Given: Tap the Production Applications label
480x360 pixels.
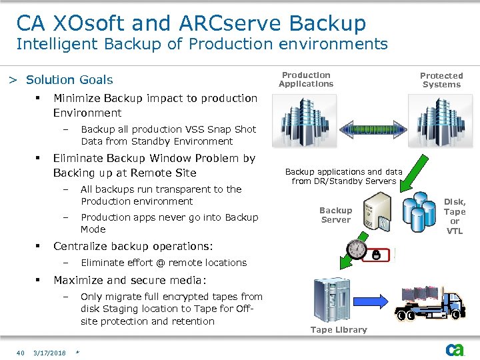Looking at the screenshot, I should click(x=306, y=79).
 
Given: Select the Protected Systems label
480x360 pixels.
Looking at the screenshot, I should click(x=441, y=80).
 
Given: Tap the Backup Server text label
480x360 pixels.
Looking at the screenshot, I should click(x=335, y=215).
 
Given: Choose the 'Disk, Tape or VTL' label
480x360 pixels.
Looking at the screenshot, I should click(x=455, y=216).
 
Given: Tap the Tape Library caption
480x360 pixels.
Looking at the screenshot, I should click(x=339, y=329).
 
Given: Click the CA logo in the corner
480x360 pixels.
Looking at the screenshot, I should click(x=455, y=349).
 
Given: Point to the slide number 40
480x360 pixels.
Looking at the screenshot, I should click(x=21, y=353).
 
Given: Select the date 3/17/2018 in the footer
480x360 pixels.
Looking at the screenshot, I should click(x=50, y=353).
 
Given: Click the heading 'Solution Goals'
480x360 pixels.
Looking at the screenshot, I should click(x=69, y=80).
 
